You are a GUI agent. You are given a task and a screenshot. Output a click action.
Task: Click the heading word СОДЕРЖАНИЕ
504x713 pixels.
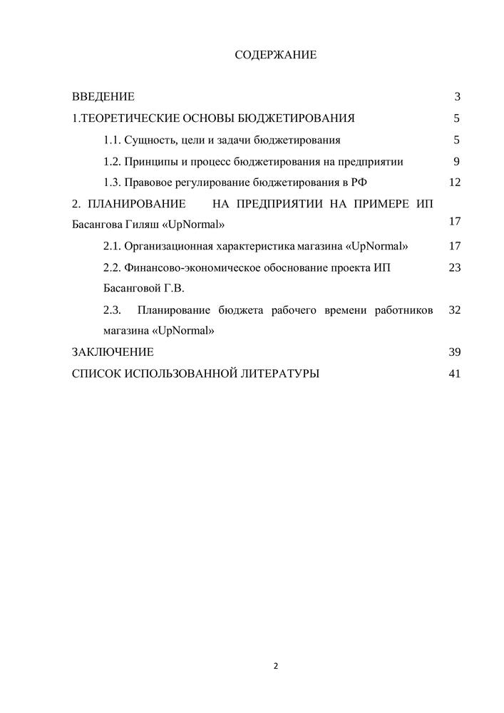275,55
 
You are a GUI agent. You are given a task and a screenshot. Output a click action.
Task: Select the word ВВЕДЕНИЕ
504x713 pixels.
103,96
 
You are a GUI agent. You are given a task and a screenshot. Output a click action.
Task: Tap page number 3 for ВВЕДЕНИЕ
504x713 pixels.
457,96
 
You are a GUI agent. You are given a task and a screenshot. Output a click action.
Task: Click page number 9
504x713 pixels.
456,161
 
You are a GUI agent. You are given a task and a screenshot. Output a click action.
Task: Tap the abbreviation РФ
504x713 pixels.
359,183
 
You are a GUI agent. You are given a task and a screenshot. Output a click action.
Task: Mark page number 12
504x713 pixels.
455,183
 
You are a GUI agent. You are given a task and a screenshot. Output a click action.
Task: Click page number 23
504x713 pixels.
455,267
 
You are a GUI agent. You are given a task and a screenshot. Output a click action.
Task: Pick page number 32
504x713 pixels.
455,310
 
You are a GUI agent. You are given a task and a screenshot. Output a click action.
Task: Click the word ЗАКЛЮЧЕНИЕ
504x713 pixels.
113,352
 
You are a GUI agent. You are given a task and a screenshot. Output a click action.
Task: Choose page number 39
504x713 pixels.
455,352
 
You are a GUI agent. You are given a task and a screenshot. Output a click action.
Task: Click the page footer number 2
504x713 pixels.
276,667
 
